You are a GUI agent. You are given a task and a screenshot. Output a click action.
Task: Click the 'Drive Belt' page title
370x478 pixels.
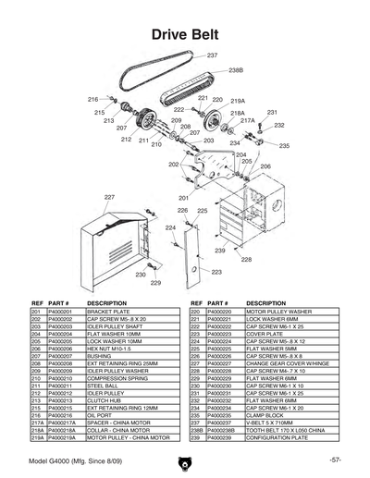[x=184, y=35]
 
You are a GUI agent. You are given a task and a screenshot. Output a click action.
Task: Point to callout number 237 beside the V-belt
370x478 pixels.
[x=213, y=56]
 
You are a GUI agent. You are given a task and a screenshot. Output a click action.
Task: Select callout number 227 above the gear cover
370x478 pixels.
[x=109, y=198]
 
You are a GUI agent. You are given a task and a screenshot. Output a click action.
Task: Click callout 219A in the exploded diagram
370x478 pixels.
[x=237, y=100]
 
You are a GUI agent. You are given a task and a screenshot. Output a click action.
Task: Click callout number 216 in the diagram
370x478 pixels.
[x=93, y=99]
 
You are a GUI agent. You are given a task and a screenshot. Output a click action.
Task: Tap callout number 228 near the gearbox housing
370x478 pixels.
[x=246, y=260]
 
